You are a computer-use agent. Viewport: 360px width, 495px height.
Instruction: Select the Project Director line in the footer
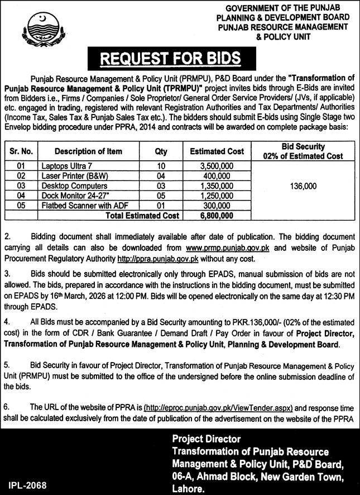(x=206, y=439)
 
